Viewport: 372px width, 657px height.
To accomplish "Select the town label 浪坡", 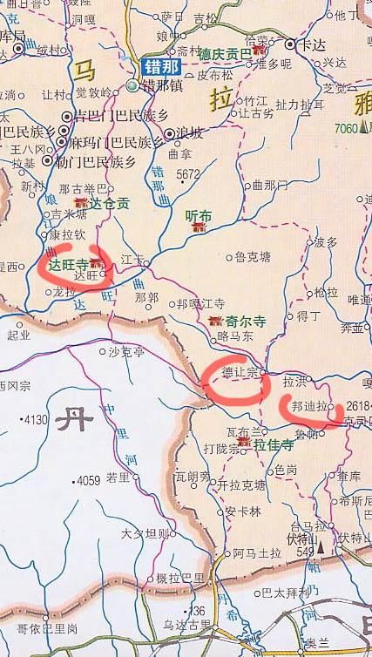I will tap(190, 132).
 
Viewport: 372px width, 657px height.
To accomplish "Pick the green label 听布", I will tap(200, 215).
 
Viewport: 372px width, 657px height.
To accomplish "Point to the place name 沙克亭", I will tap(126, 352).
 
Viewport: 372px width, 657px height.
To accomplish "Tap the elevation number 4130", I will tap(35, 420).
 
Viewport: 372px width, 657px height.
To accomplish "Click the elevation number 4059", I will tap(88, 480).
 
